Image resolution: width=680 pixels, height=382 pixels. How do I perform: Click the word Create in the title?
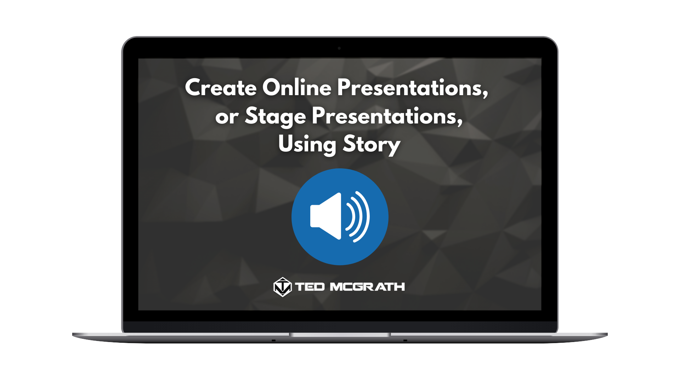(221, 87)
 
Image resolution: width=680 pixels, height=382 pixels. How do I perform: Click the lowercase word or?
(227, 117)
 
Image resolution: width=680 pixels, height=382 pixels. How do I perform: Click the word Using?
(307, 145)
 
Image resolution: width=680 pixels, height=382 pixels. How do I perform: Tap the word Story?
(372, 145)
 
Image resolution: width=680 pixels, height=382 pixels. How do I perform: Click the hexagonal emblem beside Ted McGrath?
(283, 287)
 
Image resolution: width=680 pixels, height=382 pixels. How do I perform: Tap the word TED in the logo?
(310, 286)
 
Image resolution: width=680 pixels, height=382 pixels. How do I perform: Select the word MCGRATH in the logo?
(367, 286)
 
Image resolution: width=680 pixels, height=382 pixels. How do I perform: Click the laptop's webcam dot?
(339, 48)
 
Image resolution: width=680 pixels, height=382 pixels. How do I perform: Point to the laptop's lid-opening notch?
(340, 335)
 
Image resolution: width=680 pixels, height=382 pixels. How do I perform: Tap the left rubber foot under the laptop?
(273, 341)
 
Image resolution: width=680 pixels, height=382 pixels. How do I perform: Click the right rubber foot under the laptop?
(405, 341)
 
